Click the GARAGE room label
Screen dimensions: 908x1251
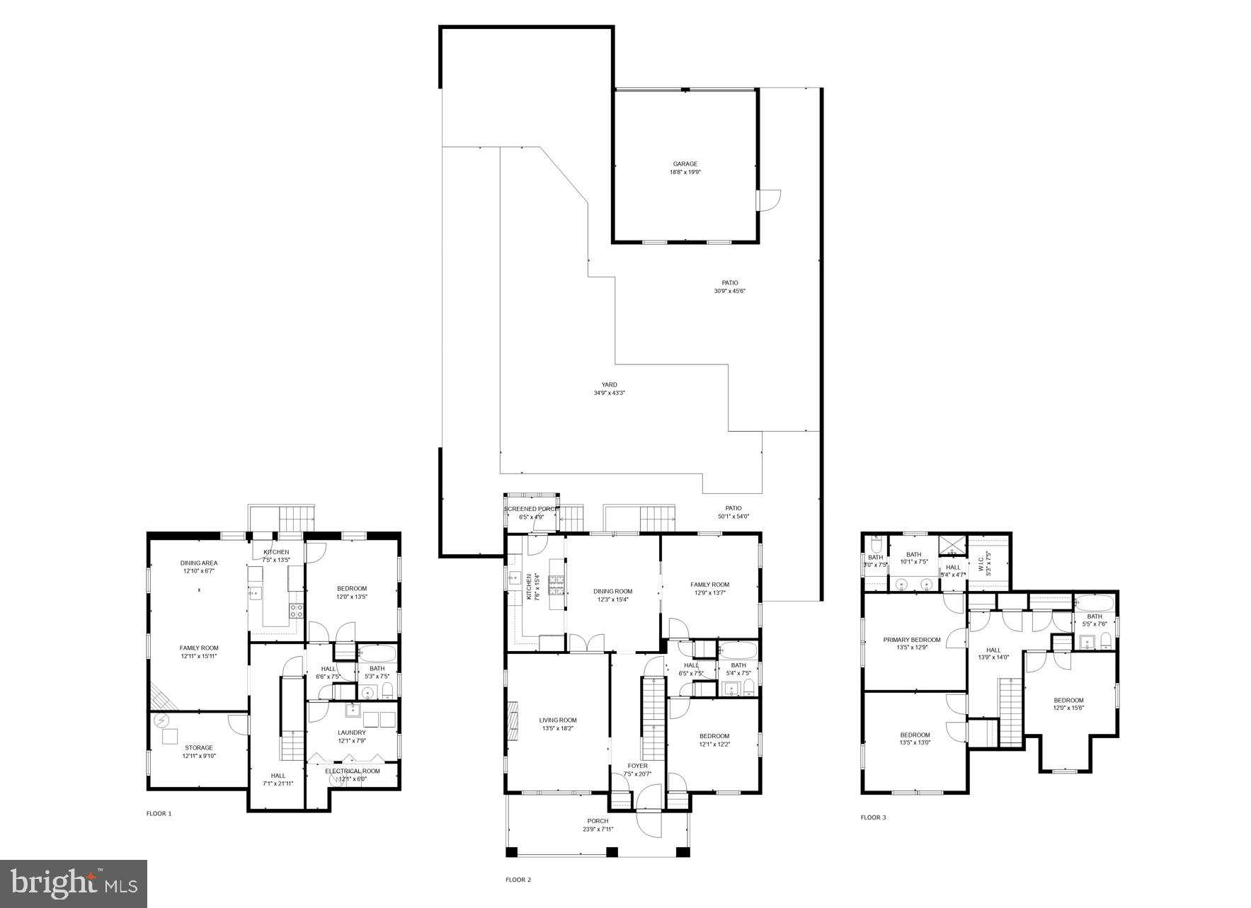(685, 164)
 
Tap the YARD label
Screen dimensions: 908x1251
(609, 385)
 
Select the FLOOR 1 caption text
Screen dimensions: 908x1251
(159, 814)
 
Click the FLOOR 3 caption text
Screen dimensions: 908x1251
(873, 817)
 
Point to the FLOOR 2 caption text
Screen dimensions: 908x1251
(518, 880)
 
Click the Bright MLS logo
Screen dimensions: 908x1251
(73, 883)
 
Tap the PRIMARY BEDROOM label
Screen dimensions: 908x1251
(912, 640)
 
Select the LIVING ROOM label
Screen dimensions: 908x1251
(558, 720)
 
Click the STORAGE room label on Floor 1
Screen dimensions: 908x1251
(198, 747)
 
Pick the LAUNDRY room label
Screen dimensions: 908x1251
(351, 732)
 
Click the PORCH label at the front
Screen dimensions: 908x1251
(598, 821)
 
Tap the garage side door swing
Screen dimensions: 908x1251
(768, 200)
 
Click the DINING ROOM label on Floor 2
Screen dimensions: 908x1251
(612, 592)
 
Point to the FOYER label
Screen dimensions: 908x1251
(637, 766)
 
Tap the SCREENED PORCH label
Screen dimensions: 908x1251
(531, 509)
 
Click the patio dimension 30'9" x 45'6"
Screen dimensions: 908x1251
(729, 291)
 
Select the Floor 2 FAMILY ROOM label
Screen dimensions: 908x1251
(709, 585)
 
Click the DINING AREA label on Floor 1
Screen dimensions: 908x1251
(198, 563)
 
